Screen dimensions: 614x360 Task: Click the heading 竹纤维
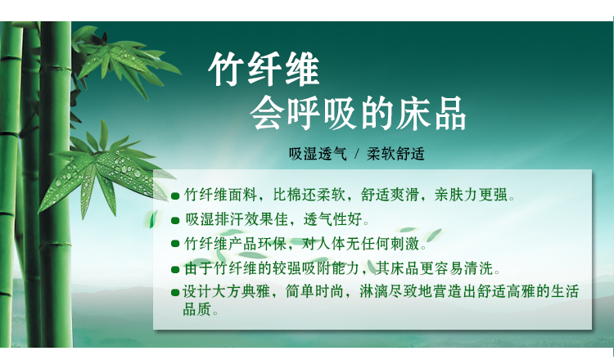pyautogui.click(x=264, y=70)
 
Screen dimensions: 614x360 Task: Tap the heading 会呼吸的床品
pyautogui.click(x=358, y=114)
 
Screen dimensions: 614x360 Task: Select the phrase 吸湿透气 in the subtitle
pyautogui.click(x=318, y=154)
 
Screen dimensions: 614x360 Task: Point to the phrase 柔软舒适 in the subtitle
pyautogui.click(x=395, y=154)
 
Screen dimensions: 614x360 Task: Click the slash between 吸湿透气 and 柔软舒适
pyautogui.click(x=357, y=154)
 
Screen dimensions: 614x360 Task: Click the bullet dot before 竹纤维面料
pyautogui.click(x=175, y=196)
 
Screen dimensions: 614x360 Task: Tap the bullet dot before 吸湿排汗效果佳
pyautogui.click(x=175, y=221)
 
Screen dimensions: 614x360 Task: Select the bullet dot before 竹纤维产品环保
pyautogui.click(x=175, y=244)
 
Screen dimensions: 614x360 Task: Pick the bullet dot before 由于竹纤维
pyautogui.click(x=175, y=269)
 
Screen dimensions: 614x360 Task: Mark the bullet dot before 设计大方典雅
pyautogui.click(x=175, y=292)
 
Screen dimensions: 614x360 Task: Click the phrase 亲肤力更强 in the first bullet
pyautogui.click(x=471, y=195)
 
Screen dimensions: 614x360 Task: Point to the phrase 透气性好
pyautogui.click(x=332, y=219)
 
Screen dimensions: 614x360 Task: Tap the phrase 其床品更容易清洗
pyautogui.click(x=434, y=268)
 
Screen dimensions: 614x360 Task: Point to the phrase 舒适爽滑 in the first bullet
pyautogui.click(x=390, y=195)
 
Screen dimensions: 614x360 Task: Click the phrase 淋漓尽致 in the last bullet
pyautogui.click(x=389, y=292)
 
